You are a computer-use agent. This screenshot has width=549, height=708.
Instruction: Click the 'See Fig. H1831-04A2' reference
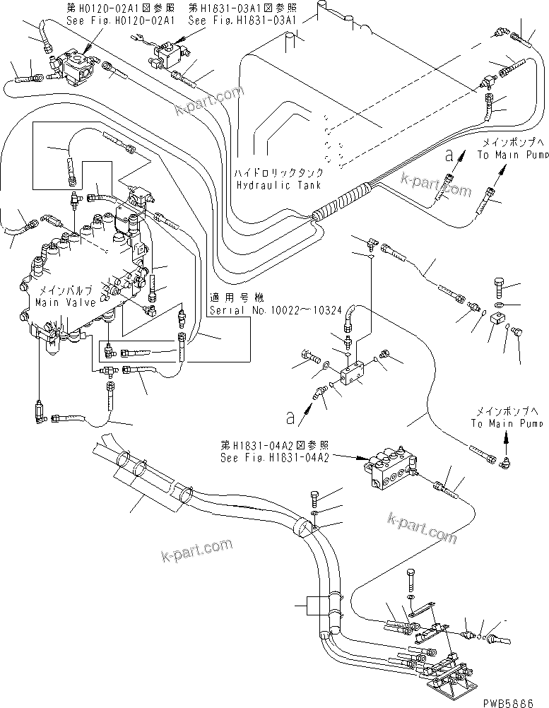click(x=266, y=456)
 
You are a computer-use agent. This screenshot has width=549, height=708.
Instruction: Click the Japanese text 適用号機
click(x=226, y=297)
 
